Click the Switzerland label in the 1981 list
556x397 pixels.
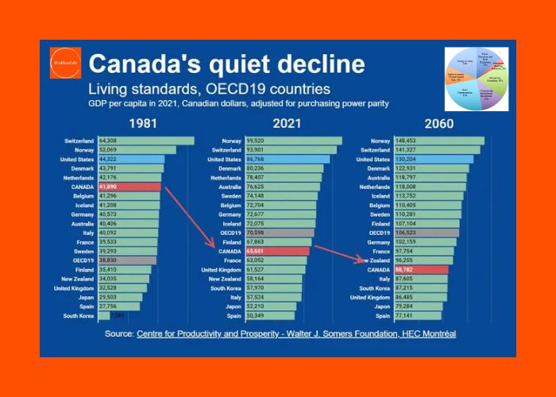tap(79, 141)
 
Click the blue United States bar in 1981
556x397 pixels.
tap(130, 160)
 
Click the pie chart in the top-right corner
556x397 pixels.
tap(477, 79)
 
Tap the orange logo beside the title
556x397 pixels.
tap(65, 63)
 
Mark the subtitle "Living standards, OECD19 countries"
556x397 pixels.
tap(209, 89)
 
